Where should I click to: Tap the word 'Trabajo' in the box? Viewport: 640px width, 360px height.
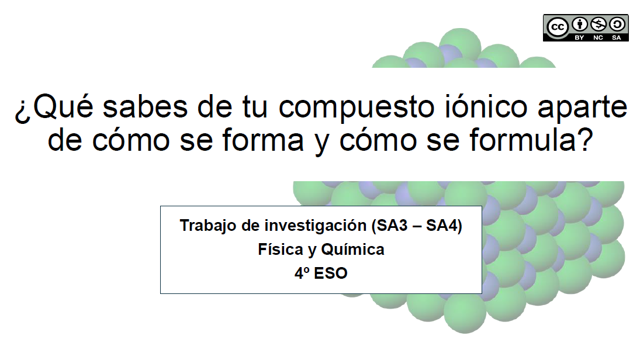click(x=205, y=226)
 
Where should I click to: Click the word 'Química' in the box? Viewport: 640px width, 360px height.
click(x=354, y=250)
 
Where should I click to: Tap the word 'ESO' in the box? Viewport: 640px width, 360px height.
click(x=331, y=273)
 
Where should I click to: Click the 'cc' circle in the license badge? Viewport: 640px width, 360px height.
click(x=558, y=27)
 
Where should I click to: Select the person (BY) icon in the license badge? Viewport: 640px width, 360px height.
click(x=580, y=25)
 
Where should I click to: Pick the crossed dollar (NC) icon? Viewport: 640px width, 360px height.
click(x=598, y=25)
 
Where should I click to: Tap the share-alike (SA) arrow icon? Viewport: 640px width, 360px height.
click(x=617, y=25)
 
